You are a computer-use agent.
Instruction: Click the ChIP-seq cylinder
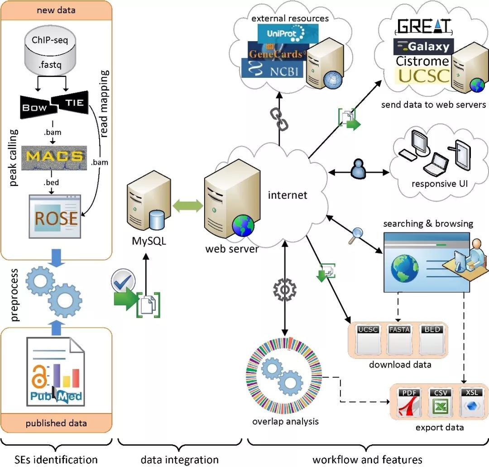pos(50,51)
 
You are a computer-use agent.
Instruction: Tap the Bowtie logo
pos(54,105)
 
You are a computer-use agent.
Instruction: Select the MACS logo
pos(54,158)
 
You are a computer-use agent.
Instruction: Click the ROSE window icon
pos(55,217)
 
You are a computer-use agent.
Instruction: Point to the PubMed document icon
pos(56,372)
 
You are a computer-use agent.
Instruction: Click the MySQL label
pos(149,241)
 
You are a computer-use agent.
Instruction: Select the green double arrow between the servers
pos(188,206)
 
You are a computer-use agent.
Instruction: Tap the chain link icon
pos(279,119)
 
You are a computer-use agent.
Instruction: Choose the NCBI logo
pos(272,69)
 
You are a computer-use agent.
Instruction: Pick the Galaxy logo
pos(423,47)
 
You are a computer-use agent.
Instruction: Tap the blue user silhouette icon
pos(358,169)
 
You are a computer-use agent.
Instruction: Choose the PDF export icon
pos(409,402)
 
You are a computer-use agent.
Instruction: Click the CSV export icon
pos(441,402)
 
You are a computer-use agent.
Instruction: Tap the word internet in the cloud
pos(288,195)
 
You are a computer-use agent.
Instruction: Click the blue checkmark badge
pos(123,281)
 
